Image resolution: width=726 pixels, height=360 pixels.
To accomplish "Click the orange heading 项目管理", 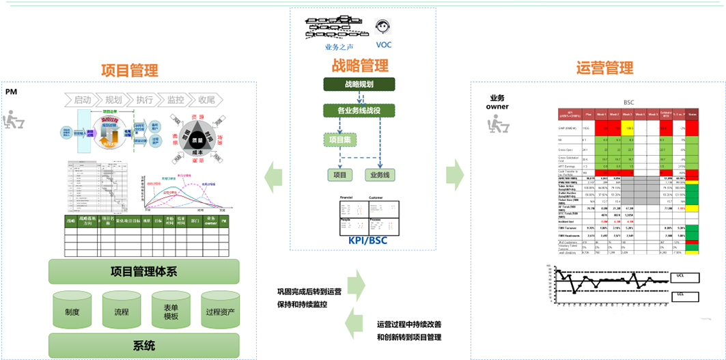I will click(129, 70).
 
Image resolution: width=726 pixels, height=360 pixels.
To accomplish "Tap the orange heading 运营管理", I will click(604, 68).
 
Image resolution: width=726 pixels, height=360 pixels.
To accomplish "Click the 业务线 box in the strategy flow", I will click(381, 175).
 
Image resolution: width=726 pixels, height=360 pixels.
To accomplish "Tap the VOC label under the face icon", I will click(384, 45).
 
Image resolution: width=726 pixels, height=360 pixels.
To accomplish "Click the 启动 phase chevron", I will click(83, 100).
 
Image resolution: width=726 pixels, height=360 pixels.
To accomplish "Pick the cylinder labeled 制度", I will click(72, 311).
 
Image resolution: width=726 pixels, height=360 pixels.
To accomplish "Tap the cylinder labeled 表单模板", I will click(171, 311).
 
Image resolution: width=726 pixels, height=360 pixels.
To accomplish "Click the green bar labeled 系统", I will click(143, 345).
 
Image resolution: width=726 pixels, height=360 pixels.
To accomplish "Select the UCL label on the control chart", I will click(680, 276).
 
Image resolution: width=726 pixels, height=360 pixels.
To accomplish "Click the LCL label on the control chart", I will click(680, 294).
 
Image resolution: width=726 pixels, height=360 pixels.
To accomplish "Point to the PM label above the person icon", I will click(11, 92).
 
